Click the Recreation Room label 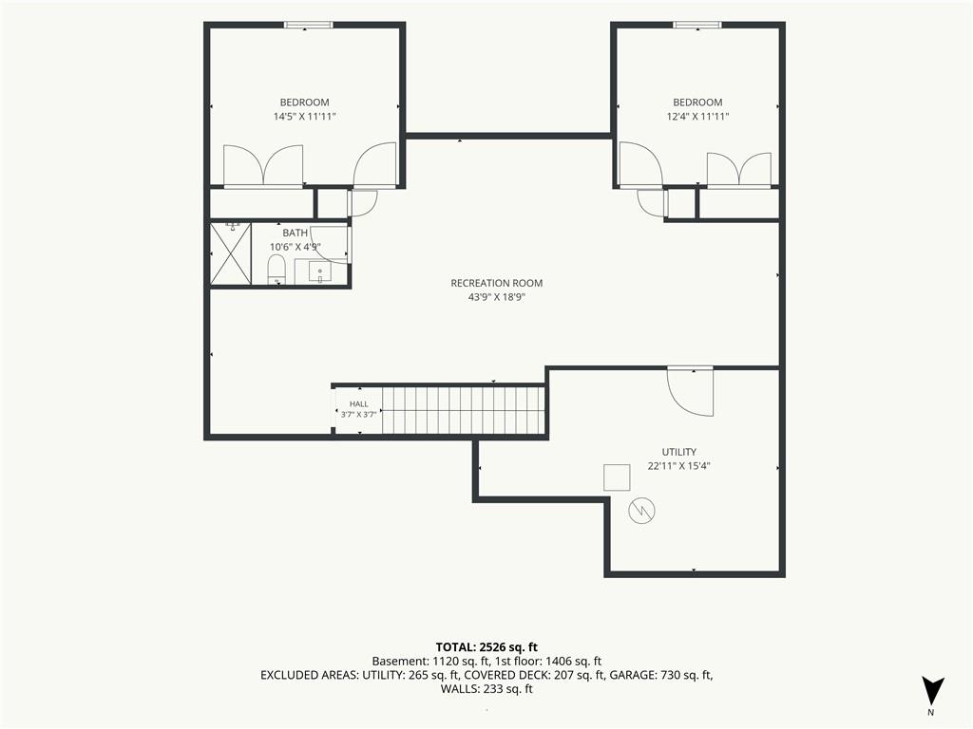click(496, 283)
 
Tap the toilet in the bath click(277, 271)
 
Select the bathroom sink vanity click(320, 271)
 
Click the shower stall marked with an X click(231, 254)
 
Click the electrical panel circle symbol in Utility click(641, 511)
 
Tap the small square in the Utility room click(617, 477)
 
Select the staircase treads click(463, 410)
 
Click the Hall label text click(358, 404)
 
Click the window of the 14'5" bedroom click(309, 26)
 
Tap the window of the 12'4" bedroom click(697, 26)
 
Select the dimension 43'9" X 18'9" click(496, 297)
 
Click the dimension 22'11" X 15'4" click(678, 466)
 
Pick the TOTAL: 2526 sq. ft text click(486, 647)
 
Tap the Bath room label click(295, 234)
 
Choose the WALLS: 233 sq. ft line click(486, 689)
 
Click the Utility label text click(678, 452)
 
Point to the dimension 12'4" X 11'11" click(697, 117)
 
